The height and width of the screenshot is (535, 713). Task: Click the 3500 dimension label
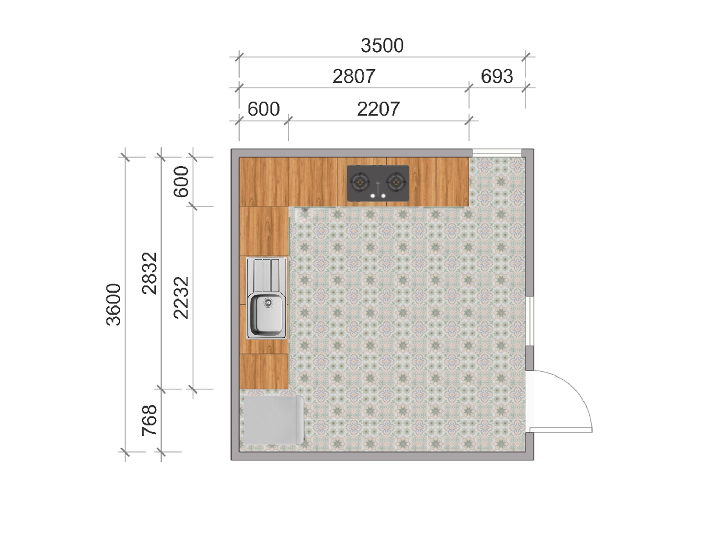point(382,46)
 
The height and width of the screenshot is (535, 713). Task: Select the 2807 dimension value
point(354,76)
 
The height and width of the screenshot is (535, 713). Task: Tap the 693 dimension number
point(497,76)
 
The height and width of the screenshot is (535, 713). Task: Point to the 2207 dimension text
point(378,109)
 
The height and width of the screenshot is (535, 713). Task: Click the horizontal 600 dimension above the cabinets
point(264,109)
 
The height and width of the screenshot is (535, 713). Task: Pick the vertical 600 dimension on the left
point(181,181)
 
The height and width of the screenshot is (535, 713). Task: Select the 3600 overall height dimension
point(113,305)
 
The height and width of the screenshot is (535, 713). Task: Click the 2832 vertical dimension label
point(150,273)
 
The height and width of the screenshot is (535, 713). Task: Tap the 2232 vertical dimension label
point(181,298)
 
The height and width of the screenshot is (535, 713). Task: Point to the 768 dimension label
point(150,420)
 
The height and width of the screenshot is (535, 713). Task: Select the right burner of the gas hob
point(396,182)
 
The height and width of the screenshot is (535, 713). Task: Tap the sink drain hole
point(267,303)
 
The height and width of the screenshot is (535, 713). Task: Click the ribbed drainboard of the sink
point(267,275)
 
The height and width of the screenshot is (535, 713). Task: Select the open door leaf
point(561,430)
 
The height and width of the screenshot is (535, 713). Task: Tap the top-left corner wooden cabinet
point(264,181)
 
